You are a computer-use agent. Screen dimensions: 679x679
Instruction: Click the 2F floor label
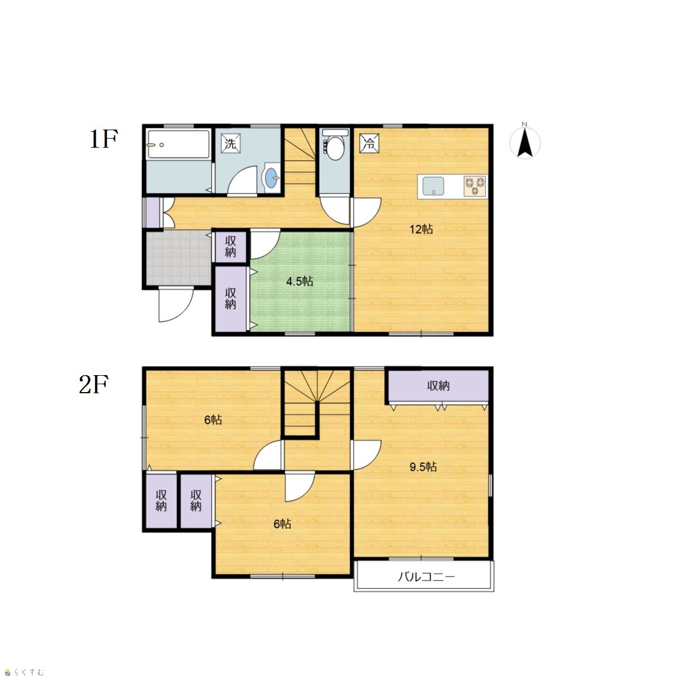[93, 384]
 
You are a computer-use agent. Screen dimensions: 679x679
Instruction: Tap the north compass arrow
[525, 143]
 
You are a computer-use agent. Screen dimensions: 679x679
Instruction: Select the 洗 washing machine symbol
[230, 143]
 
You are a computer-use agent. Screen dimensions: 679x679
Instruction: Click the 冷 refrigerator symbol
[369, 143]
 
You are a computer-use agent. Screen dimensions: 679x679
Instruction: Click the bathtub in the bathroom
[178, 144]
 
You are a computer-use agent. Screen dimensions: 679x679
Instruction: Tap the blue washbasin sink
[272, 178]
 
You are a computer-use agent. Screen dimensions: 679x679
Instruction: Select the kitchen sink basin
[433, 186]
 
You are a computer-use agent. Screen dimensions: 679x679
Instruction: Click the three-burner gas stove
[475, 186]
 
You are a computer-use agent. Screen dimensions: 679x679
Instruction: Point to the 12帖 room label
[421, 229]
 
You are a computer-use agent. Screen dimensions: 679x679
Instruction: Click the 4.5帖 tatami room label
[299, 281]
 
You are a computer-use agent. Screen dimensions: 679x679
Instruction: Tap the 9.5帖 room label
[423, 467]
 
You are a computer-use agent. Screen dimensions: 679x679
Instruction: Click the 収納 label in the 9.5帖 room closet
[439, 386]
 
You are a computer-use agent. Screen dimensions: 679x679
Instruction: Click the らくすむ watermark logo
[24, 672]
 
